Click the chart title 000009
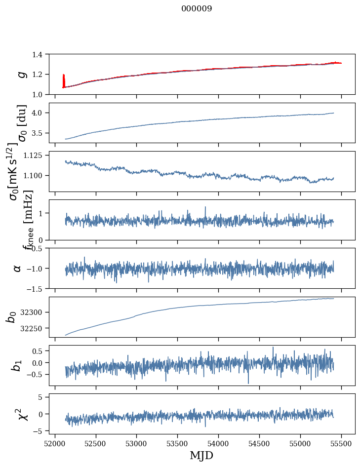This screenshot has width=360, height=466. pos(197,9)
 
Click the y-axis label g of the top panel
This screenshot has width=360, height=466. pos(21,74)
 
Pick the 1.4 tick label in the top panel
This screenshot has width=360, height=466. pos(40,54)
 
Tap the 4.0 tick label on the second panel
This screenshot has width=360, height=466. pos(40,113)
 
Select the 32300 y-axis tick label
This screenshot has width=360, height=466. pos(36,312)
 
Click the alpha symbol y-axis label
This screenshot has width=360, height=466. pos(17,268)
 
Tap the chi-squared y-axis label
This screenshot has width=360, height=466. pos(22,414)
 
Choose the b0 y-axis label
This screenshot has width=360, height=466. pos(11,316)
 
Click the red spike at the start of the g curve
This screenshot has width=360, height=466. pos(64,79)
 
